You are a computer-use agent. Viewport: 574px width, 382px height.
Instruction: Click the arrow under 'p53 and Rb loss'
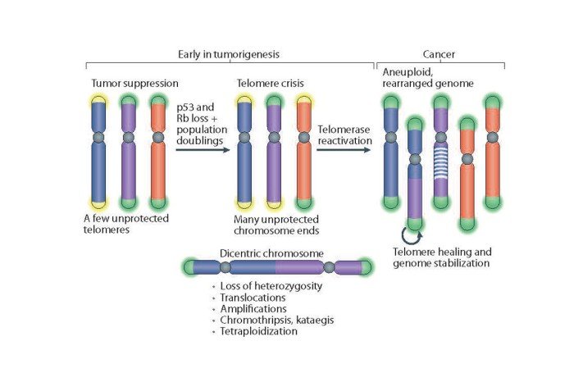pyautogui.click(x=203, y=151)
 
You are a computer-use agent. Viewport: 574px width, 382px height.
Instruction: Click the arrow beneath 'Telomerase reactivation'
pyautogui.click(x=344, y=151)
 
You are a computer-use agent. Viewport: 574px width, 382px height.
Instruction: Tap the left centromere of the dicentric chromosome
pyautogui.click(x=225, y=267)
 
